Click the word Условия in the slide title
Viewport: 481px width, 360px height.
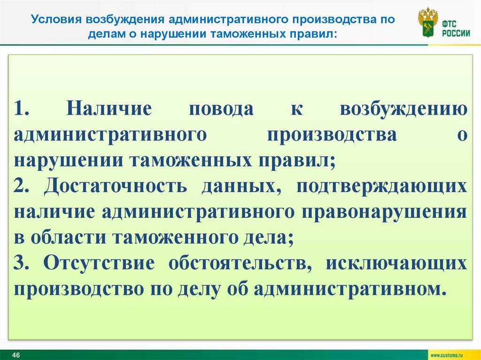pyautogui.click(x=55, y=20)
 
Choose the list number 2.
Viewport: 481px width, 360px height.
pyautogui.click(x=22, y=186)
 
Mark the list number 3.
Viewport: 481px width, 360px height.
pyautogui.click(x=22, y=263)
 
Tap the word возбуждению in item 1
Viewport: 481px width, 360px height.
pyautogui.click(x=403, y=109)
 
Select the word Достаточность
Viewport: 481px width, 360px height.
pyautogui.click(x=115, y=186)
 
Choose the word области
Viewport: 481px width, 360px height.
pyautogui.click(x=69, y=237)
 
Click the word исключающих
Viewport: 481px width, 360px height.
pyautogui.click(x=397, y=263)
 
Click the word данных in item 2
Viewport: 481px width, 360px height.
pyautogui.click(x=245, y=186)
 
